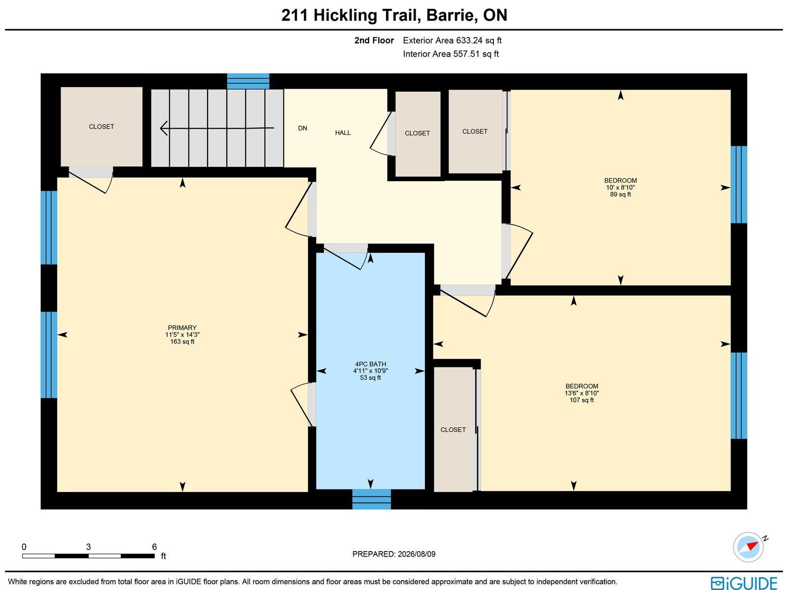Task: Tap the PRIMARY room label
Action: (182, 328)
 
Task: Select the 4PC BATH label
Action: (370, 364)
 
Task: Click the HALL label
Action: (343, 133)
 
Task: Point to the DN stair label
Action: (303, 128)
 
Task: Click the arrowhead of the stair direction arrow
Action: (163, 128)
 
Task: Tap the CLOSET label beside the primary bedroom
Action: (101, 127)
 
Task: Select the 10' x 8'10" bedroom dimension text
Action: (620, 187)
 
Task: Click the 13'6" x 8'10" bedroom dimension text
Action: (581, 393)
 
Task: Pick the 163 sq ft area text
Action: (182, 342)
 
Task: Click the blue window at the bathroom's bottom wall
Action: (371, 499)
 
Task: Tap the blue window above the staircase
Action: (248, 81)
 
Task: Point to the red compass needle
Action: (752, 546)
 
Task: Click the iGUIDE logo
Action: (744, 583)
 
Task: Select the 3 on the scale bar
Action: (88, 547)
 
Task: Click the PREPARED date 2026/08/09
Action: (416, 554)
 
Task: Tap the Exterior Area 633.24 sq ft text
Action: (452, 40)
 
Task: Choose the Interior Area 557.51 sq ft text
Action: (451, 54)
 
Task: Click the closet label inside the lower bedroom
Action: (453, 429)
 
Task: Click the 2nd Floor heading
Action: (374, 40)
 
